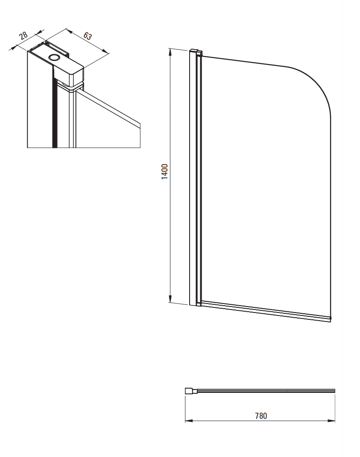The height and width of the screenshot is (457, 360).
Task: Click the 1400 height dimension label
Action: pos(165,171)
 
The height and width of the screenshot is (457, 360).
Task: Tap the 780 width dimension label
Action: pos(261,416)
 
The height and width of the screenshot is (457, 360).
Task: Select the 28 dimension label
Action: pos(23,35)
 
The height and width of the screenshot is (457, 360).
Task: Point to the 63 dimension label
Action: pos(87,35)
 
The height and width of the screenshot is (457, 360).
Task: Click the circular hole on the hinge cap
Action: pos(54,57)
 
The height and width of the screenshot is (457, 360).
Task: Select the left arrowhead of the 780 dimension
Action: pos(189,421)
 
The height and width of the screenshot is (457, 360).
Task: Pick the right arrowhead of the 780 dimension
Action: pos(331,421)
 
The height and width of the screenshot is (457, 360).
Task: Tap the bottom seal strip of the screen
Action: pos(266,312)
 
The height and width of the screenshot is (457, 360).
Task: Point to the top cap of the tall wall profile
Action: pos(196,51)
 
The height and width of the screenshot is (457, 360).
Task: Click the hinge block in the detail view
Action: pos(69,73)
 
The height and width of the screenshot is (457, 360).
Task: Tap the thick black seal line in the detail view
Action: pos(53,108)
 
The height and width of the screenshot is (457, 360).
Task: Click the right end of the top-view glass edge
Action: pos(335,391)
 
